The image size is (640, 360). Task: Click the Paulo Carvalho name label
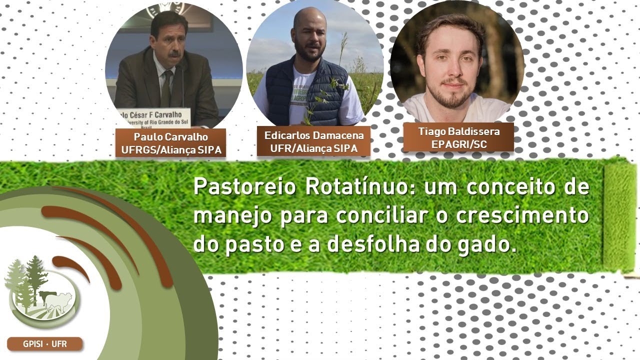pos(170,143)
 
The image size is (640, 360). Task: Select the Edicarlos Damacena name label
pos(313,141)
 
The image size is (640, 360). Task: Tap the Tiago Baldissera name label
pos(458,137)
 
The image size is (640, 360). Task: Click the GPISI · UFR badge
pos(44,344)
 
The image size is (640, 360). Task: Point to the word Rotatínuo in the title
pos(356,187)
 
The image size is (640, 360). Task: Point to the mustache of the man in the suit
pos(174,53)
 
